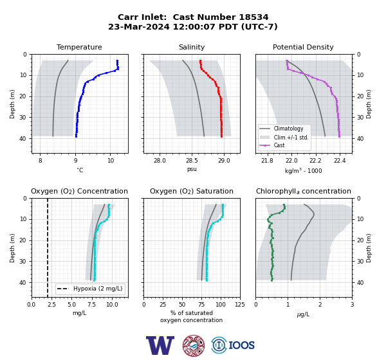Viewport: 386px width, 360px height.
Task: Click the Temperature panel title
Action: coord(79,47)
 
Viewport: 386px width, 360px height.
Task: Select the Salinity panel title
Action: coord(192,47)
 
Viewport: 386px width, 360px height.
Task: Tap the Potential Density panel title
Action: coord(303,47)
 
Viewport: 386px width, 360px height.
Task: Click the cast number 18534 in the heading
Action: coord(253,17)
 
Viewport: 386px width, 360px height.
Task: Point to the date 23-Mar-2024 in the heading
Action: coord(139,26)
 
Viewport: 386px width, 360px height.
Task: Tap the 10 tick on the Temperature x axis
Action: coord(111,161)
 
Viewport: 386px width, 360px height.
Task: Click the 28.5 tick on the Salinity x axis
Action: coord(192,161)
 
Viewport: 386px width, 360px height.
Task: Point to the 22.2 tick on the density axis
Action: coord(315,161)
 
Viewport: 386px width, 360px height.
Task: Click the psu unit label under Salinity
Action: coord(192,169)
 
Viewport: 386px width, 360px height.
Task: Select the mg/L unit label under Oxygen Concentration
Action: coord(79,313)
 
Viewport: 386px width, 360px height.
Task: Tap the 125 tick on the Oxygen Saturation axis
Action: coord(240,305)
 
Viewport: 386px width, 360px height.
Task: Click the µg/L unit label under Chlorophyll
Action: coord(303,314)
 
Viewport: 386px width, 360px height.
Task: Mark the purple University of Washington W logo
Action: coord(160,345)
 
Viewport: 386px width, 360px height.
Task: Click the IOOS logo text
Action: coord(241,345)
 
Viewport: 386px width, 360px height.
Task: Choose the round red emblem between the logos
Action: coord(194,345)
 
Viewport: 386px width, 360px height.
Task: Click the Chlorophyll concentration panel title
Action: coord(303,191)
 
